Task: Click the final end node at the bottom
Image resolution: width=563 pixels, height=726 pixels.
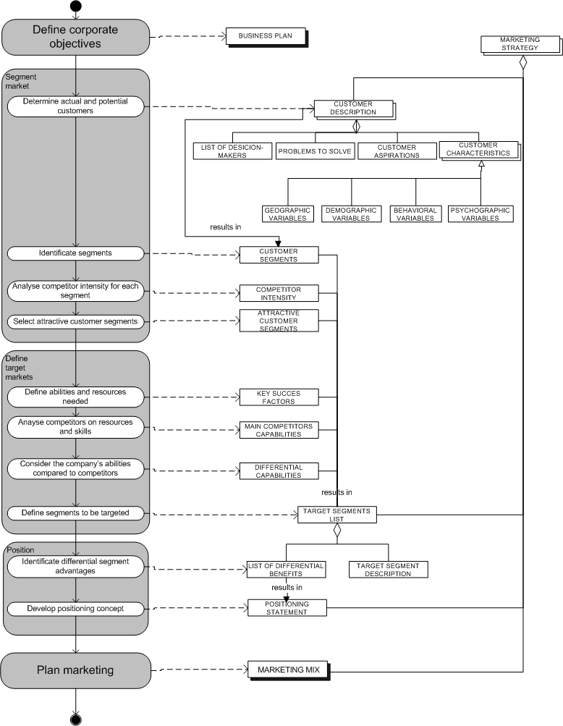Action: tap(76, 718)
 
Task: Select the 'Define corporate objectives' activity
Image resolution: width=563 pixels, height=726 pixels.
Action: tap(76, 36)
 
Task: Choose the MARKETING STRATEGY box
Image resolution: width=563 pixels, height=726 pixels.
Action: tap(519, 43)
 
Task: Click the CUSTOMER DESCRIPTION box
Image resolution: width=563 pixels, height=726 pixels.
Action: tap(353, 108)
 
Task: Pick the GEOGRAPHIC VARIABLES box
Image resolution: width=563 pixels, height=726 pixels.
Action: tap(287, 214)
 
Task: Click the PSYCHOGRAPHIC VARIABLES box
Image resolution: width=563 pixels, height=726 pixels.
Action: tap(480, 214)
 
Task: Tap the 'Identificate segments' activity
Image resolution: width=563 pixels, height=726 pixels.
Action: tap(76, 253)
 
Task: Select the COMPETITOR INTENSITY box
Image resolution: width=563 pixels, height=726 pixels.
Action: tap(278, 293)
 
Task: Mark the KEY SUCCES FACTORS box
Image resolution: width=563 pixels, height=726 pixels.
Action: tap(278, 397)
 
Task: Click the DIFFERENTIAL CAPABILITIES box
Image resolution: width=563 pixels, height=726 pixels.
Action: tap(278, 471)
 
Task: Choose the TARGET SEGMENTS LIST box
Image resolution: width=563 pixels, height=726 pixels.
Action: tap(336, 515)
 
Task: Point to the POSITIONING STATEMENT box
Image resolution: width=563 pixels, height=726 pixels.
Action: tap(287, 608)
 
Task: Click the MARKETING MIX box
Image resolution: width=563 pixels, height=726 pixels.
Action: tap(287, 670)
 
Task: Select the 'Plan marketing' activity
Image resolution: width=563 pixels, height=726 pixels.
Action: tap(76, 670)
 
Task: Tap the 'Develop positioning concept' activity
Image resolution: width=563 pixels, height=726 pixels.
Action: tap(76, 608)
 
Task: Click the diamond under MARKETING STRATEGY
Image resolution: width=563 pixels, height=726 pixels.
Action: tap(522, 63)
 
